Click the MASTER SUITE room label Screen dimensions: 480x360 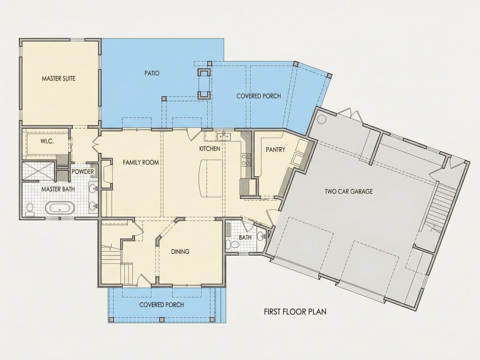pyautogui.click(x=58, y=79)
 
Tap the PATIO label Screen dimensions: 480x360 pyautogui.click(x=152, y=73)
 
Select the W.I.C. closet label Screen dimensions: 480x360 pyautogui.click(x=48, y=141)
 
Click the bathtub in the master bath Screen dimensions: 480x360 pyautogui.click(x=60, y=208)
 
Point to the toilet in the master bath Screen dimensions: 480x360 pyautogui.click(x=30, y=210)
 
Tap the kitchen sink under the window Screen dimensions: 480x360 pyautogui.click(x=223, y=136)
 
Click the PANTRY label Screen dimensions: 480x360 pyautogui.click(x=275, y=149)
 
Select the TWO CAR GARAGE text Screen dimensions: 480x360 pyautogui.click(x=349, y=191)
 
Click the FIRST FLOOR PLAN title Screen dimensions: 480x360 pyautogui.click(x=295, y=312)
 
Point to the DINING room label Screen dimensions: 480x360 pyautogui.click(x=180, y=252)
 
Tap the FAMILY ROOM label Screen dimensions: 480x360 pyautogui.click(x=141, y=162)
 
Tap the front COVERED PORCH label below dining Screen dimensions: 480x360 pyautogui.click(x=161, y=305)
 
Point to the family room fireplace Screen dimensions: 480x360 pyautogui.click(x=106, y=173)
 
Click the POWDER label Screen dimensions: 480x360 pyautogui.click(x=82, y=171)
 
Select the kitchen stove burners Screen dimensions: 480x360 pyautogui.click(x=246, y=160)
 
